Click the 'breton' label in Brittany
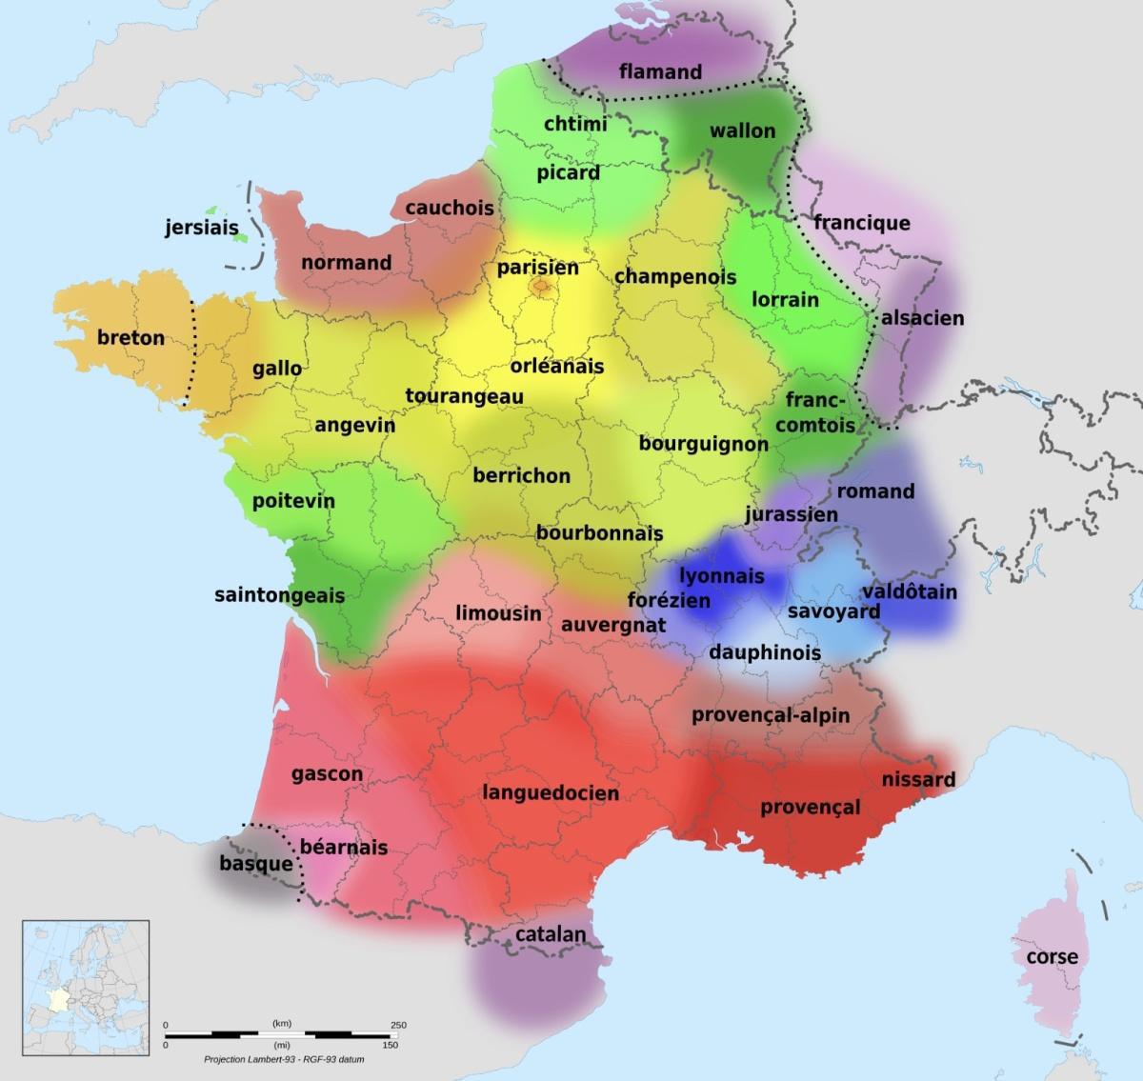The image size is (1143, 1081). [x=130, y=338]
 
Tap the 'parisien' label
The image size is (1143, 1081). [x=538, y=268]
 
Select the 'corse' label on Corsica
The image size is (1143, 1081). [x=1052, y=956]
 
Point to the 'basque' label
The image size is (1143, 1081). [x=255, y=864]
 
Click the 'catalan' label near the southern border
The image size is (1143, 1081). [x=551, y=934]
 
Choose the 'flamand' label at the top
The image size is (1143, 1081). [x=660, y=71]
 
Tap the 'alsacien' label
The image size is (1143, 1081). [x=922, y=318]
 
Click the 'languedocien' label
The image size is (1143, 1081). [x=551, y=792]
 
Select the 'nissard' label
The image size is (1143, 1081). [x=918, y=780]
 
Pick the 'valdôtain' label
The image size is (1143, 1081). [x=910, y=592]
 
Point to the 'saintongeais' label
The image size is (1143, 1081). [x=279, y=595]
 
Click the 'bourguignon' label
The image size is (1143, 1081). [x=703, y=444]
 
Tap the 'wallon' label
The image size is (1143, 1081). [x=743, y=130]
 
